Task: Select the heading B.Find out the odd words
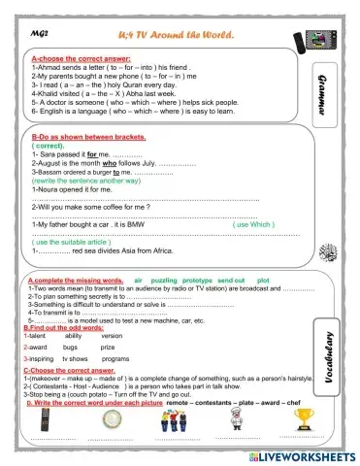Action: (66, 327)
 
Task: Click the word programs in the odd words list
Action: (115, 358)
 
